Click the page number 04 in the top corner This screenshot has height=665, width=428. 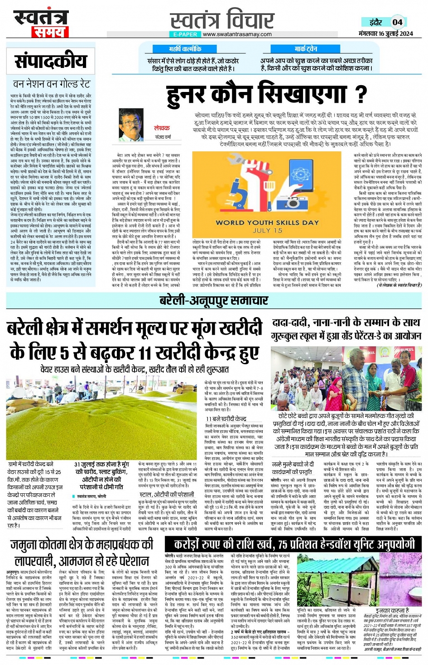click(397, 22)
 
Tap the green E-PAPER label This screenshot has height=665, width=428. click(185, 34)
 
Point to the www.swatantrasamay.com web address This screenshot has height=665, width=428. click(237, 34)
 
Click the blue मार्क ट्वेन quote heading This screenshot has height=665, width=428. click(306, 48)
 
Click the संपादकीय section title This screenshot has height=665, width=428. click(50, 61)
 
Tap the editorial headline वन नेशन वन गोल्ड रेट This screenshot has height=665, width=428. click(51, 84)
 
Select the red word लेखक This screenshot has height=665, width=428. click(162, 128)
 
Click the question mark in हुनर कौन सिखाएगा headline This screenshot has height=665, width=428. click(361, 94)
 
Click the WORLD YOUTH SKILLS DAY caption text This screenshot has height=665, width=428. click(267, 222)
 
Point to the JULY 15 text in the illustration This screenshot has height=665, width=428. click(267, 230)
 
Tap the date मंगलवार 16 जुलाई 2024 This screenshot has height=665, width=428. click(385, 34)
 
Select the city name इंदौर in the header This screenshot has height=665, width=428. click(375, 22)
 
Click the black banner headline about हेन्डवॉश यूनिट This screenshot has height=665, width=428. click(294, 545)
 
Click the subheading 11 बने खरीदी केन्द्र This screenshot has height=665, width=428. click(226, 419)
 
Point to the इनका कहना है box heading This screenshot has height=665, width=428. click(392, 610)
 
